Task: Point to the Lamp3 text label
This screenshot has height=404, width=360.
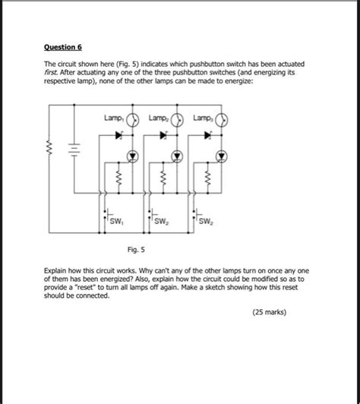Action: click(x=203, y=118)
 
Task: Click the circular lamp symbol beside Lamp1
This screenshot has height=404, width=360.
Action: click(x=131, y=119)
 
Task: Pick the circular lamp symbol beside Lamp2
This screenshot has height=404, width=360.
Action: click(x=177, y=119)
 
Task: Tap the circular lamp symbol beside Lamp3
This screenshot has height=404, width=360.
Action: click(x=223, y=119)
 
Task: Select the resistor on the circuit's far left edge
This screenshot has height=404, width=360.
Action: click(x=49, y=146)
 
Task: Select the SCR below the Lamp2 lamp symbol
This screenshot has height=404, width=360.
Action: click(x=176, y=156)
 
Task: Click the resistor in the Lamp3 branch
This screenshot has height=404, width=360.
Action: click(x=206, y=181)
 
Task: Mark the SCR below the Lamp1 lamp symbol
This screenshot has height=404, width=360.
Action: click(x=131, y=156)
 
